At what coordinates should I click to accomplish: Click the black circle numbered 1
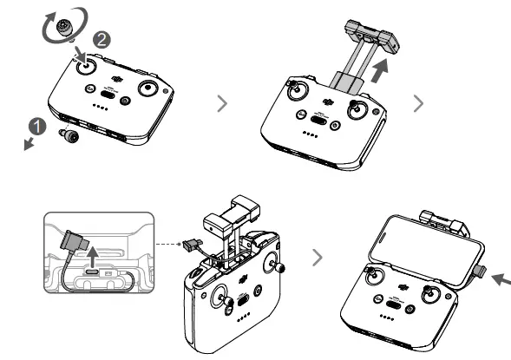coord(36,124)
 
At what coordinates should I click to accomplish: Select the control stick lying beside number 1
coord(66,133)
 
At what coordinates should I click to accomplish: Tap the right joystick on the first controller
coord(157,89)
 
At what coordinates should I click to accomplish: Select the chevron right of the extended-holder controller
coord(420,103)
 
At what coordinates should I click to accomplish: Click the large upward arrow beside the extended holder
coord(380,73)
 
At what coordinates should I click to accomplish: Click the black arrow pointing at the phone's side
coord(499,279)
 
